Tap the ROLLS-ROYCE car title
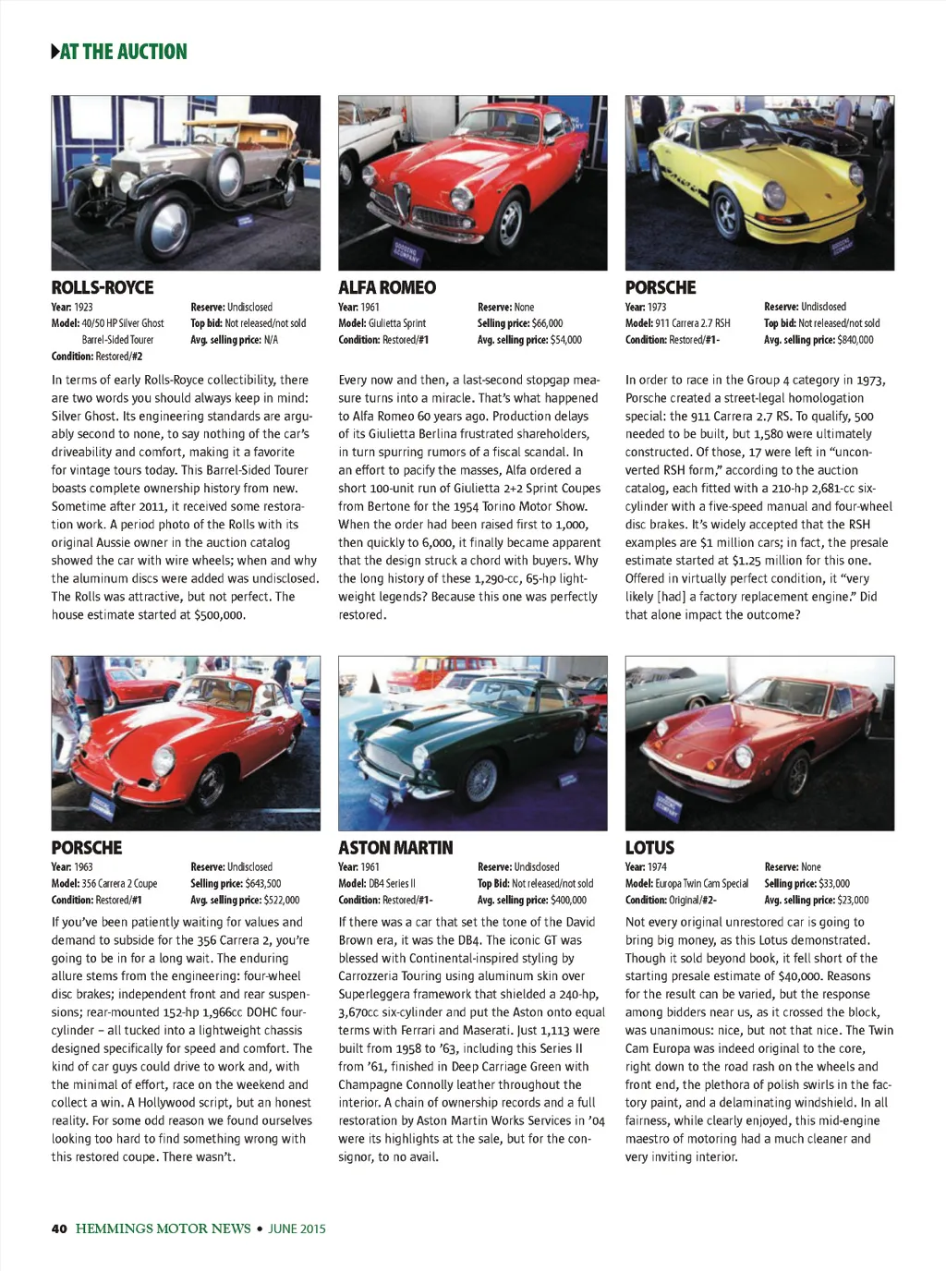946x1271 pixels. click(103, 287)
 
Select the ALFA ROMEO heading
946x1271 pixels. click(387, 287)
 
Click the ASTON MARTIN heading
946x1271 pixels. click(395, 848)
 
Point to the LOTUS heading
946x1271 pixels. click(649, 848)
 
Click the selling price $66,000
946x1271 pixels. click(547, 323)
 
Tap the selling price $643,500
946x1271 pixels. click(263, 884)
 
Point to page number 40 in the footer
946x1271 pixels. click(59, 1229)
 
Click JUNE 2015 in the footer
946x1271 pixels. click(297, 1229)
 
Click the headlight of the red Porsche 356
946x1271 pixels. click(163, 760)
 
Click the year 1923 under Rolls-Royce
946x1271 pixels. click(83, 307)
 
